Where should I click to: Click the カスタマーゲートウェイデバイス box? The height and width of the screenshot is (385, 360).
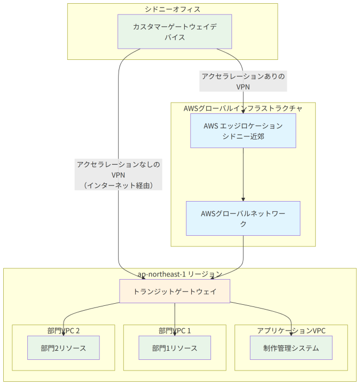point(175,32)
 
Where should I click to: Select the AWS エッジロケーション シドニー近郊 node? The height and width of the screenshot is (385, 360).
point(243,130)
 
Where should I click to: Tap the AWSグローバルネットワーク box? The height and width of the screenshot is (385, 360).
point(243,218)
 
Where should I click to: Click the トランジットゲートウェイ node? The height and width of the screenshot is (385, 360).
point(175,291)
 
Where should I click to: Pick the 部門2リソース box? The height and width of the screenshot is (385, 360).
point(64,348)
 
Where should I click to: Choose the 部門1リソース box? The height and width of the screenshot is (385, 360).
point(175,348)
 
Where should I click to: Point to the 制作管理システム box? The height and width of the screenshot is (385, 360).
point(291,348)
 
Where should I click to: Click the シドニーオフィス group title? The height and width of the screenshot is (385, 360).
point(173,9)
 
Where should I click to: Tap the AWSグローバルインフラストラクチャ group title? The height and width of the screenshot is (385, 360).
point(243,108)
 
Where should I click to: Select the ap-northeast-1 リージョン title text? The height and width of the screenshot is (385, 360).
point(180,274)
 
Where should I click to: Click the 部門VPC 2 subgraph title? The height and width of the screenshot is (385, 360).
point(64,331)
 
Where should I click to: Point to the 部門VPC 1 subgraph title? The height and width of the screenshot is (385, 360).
point(175,331)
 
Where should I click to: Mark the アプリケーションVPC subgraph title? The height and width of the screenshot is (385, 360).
point(291,331)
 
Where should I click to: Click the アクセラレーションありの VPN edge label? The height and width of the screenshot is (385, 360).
point(243,81)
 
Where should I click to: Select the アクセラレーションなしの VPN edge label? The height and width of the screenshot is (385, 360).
point(119,174)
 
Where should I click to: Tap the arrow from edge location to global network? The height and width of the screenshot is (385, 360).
point(243,174)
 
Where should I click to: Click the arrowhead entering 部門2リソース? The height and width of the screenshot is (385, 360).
point(64,334)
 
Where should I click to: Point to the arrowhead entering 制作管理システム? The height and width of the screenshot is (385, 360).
point(291,334)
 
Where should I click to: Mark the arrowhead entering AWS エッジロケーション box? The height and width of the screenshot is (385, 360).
point(243,112)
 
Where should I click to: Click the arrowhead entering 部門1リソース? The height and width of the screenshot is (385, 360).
point(175,334)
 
